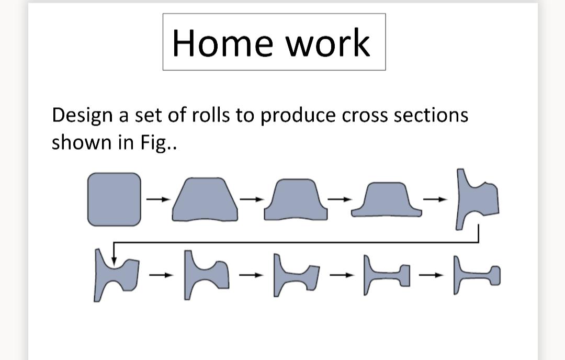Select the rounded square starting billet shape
(x=115, y=199)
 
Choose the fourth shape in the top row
(x=386, y=201)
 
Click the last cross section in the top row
(x=478, y=199)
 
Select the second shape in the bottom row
(x=205, y=276)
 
